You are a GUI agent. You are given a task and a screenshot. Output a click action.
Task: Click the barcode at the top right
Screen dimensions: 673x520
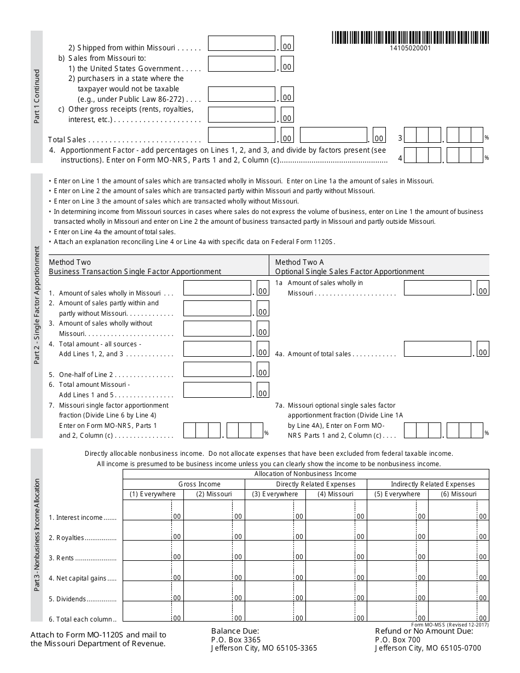[411, 38]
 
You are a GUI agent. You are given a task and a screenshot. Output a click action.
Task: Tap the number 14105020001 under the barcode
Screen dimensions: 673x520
[411, 48]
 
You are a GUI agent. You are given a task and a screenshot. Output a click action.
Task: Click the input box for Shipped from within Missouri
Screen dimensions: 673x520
[241, 44]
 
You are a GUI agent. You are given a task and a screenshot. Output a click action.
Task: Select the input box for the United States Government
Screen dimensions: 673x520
[241, 64]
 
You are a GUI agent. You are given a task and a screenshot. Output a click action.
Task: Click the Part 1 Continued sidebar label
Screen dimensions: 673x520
[37, 96]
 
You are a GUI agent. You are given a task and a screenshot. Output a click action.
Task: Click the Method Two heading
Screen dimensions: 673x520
[70, 262]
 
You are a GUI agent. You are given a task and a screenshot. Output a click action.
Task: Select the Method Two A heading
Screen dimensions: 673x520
[299, 262]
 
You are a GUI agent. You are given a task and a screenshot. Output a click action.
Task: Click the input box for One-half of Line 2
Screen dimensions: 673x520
[217, 370]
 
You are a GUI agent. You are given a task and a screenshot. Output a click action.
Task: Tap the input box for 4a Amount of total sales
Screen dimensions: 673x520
[437, 349]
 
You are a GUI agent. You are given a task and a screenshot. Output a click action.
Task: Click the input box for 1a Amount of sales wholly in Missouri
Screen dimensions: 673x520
[437, 288]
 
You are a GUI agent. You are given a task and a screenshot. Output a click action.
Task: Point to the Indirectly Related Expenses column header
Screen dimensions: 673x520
[432, 484]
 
